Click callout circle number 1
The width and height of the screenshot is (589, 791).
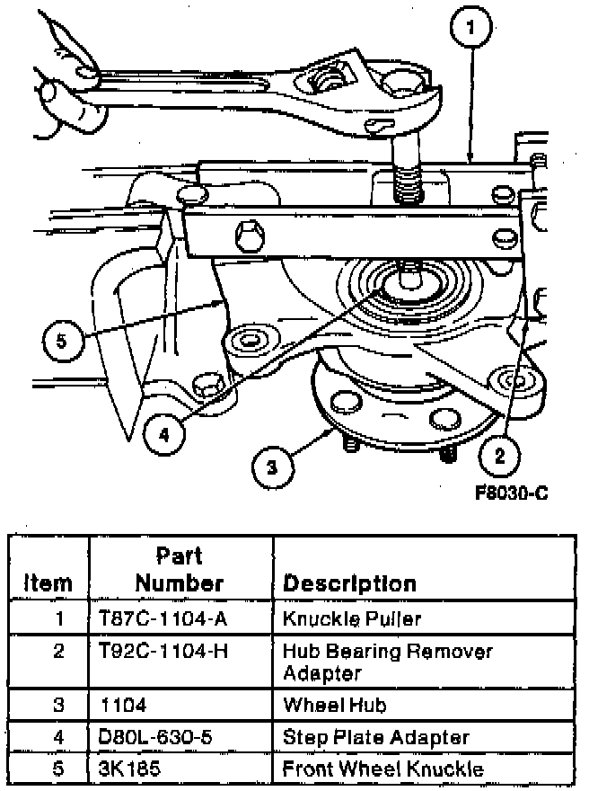473,31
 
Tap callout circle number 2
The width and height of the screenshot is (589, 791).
500,455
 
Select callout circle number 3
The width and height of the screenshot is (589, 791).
273,467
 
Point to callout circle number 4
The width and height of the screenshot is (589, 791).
164,434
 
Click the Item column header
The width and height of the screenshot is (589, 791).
48,582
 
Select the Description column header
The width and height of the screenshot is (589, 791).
349,582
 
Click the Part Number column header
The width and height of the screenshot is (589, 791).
180,570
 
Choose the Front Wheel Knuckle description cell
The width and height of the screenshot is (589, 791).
382,769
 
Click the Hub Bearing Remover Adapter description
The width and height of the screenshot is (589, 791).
386,660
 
